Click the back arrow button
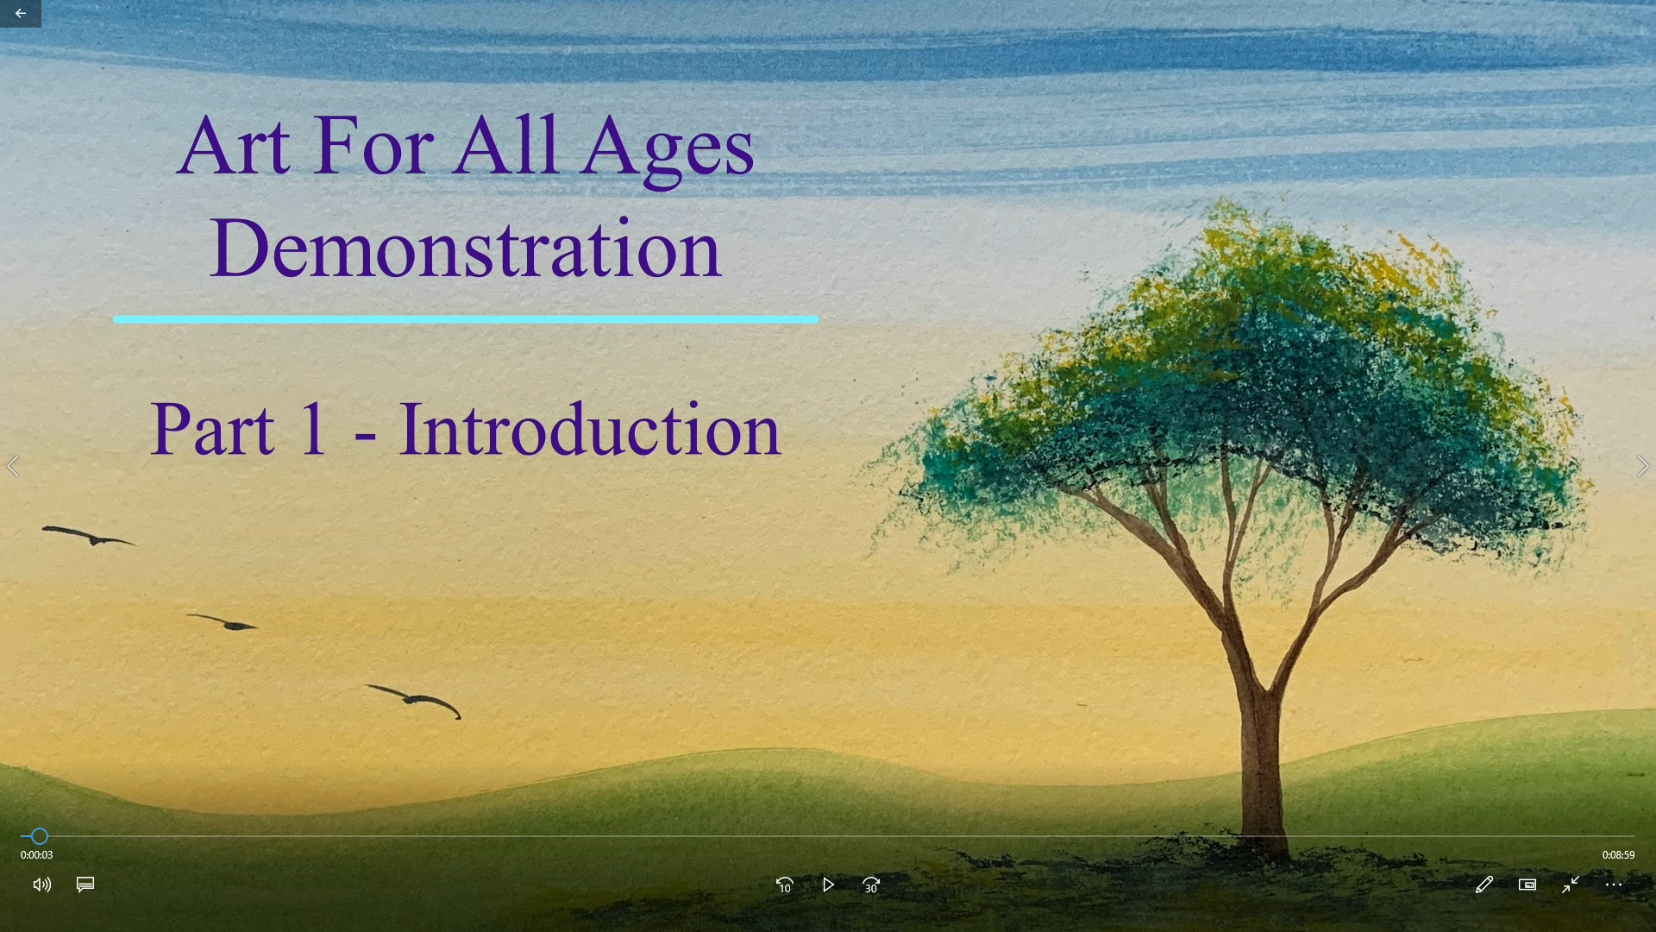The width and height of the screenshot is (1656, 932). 20,13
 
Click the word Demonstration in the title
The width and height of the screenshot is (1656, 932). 466,249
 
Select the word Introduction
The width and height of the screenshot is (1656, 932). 590,428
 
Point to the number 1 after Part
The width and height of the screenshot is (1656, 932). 312,428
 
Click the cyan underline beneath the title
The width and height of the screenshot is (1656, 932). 466,319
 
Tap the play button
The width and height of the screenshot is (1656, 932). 828,885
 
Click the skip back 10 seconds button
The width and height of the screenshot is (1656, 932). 784,885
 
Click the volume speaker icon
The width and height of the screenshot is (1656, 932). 41,885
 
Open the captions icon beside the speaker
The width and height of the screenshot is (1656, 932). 85,885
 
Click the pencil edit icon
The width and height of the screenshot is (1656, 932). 1483,885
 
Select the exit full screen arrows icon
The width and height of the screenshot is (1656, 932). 1570,885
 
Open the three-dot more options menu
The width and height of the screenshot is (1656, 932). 1613,885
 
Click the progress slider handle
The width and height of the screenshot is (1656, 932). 40,835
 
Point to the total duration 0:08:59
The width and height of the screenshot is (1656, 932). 1618,855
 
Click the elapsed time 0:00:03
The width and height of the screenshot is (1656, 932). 36,855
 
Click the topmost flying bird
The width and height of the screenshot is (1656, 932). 91,537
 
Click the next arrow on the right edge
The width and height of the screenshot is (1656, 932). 1642,466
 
